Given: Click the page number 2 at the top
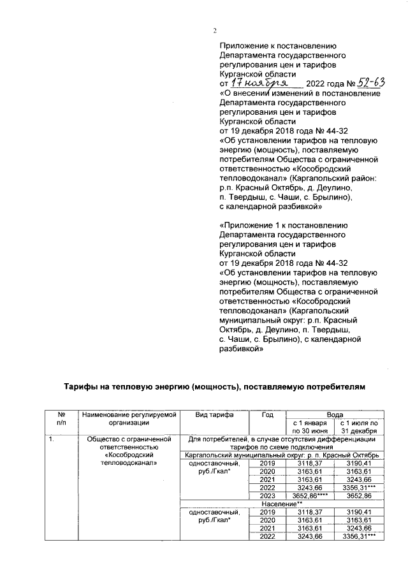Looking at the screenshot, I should (x=215, y=31).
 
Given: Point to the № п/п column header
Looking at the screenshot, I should (x=61, y=418).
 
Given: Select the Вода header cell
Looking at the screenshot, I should (x=333, y=414).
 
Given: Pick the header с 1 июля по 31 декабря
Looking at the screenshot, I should (x=359, y=426).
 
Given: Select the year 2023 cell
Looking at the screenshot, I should (x=268, y=495).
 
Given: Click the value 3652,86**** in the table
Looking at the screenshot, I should (x=310, y=495).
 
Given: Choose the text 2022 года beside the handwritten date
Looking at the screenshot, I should (x=324, y=84).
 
